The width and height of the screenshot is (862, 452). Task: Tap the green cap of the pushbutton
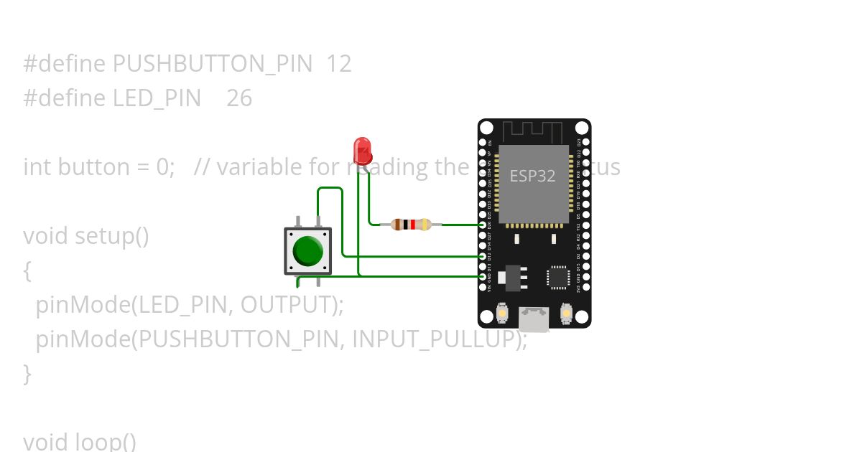point(308,250)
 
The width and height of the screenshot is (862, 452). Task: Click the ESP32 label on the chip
point(532,176)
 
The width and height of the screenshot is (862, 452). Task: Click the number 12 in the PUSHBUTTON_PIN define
point(338,64)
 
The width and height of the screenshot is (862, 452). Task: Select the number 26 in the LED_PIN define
point(239,98)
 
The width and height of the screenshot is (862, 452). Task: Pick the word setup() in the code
point(111,236)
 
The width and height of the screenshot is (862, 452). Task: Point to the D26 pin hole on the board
point(483,225)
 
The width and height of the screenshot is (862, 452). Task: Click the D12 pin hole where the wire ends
point(483,255)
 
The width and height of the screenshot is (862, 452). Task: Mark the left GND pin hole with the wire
point(483,276)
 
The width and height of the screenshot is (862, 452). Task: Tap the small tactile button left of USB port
point(502,314)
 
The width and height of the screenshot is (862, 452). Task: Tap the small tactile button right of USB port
point(566,314)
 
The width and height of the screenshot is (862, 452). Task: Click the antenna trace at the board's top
point(532,132)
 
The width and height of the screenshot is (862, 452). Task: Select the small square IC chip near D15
point(558,278)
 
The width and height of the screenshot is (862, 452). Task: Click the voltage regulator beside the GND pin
point(513,277)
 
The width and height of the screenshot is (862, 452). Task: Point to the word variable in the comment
point(254,167)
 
